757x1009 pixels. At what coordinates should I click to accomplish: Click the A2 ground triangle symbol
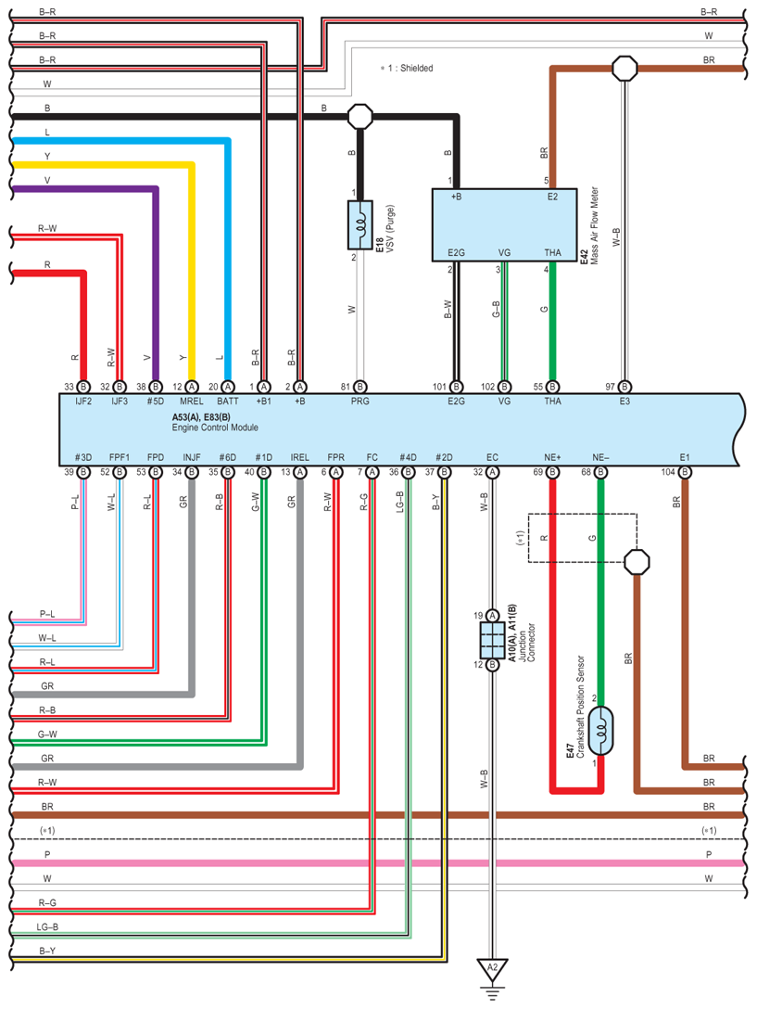click(x=492, y=969)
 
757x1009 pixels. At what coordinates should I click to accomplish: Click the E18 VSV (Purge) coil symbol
click(x=360, y=224)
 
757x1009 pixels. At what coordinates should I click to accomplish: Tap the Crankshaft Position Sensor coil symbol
click(x=600, y=731)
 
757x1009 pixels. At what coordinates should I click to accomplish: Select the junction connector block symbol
click(x=492, y=640)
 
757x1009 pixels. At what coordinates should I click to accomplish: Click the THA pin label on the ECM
click(x=552, y=401)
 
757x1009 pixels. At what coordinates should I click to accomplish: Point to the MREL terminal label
click(x=192, y=401)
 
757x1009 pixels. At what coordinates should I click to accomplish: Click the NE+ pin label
click(x=552, y=457)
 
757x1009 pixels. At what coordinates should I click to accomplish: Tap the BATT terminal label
click(x=228, y=401)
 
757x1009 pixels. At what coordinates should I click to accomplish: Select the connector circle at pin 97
click(x=625, y=387)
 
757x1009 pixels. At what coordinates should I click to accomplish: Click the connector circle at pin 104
click(x=685, y=472)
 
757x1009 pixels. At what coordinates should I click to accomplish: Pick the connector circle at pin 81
click(x=360, y=387)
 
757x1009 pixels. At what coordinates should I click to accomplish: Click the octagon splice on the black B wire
click(x=360, y=117)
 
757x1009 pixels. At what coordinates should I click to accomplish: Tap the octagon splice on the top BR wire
click(x=625, y=69)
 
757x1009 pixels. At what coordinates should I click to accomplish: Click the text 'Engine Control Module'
click(x=215, y=428)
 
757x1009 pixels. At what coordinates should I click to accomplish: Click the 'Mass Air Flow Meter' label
click(x=594, y=225)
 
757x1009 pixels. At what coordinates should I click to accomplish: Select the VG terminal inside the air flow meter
click(x=504, y=252)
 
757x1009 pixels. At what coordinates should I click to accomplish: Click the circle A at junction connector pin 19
click(x=492, y=616)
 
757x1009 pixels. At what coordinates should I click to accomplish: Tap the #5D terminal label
click(x=155, y=401)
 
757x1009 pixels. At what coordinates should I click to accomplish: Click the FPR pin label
click(x=335, y=457)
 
